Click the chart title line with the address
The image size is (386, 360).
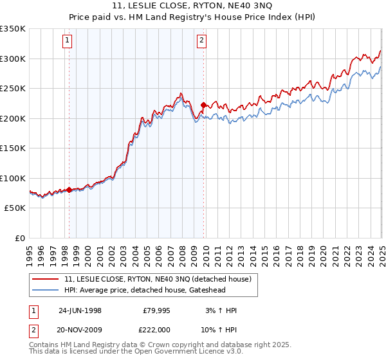[193, 7]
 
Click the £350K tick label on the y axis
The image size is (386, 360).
[13, 29]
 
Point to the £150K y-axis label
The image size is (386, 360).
[13, 148]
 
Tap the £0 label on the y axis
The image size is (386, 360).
[21, 238]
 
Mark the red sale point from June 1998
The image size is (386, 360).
[69, 190]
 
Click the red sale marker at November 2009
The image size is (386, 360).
[203, 105]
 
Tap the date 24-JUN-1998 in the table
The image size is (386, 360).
[80, 310]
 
